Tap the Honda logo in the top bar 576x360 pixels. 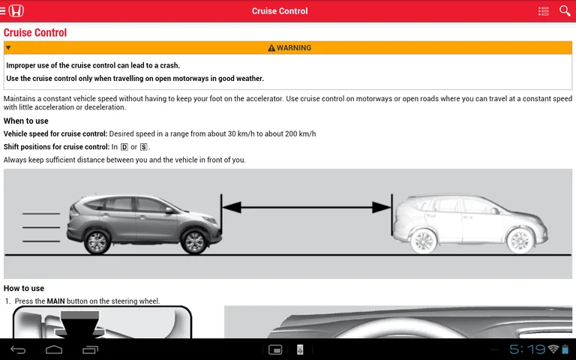16,10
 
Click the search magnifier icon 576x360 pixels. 565,10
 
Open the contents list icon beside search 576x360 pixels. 544,10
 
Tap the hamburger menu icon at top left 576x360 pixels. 4,10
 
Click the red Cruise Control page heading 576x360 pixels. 35,32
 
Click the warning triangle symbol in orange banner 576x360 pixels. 271,48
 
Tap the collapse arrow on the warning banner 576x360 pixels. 8,48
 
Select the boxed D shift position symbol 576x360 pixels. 124,147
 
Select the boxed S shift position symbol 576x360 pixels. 143,147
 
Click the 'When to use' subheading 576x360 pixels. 25,121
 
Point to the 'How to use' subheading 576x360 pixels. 24,288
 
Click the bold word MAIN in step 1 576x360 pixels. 56,301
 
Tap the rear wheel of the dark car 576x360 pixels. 97,241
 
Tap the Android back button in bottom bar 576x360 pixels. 17,349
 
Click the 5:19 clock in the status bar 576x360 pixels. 526,349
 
